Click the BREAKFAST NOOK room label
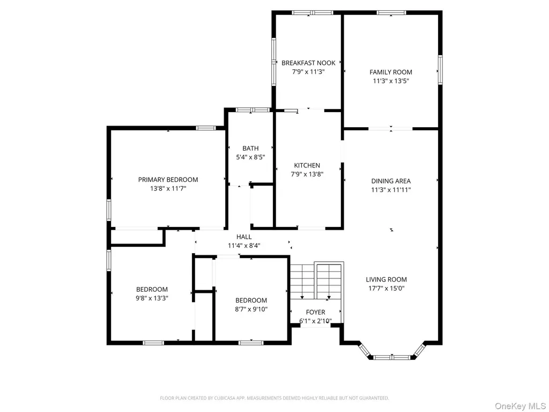[x=308, y=63]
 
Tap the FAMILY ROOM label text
[x=391, y=72]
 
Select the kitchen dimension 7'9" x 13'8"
[x=307, y=174]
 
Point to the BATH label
[x=250, y=148]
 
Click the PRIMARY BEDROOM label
[x=168, y=180]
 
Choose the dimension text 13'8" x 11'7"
[x=168, y=188]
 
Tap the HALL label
[x=244, y=237]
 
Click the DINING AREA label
[x=391, y=181]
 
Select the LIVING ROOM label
[x=386, y=279]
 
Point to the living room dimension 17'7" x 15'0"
[x=386, y=288]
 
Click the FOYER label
[x=315, y=312]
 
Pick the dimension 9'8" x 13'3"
[x=152, y=298]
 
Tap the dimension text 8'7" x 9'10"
[x=251, y=309]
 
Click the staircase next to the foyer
[x=316, y=281]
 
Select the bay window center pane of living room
[x=392, y=357]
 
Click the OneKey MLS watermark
[x=520, y=406]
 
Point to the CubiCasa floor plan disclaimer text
[x=274, y=398]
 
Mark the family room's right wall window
[x=440, y=70]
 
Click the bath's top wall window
[x=253, y=110]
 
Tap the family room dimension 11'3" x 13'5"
[x=391, y=81]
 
